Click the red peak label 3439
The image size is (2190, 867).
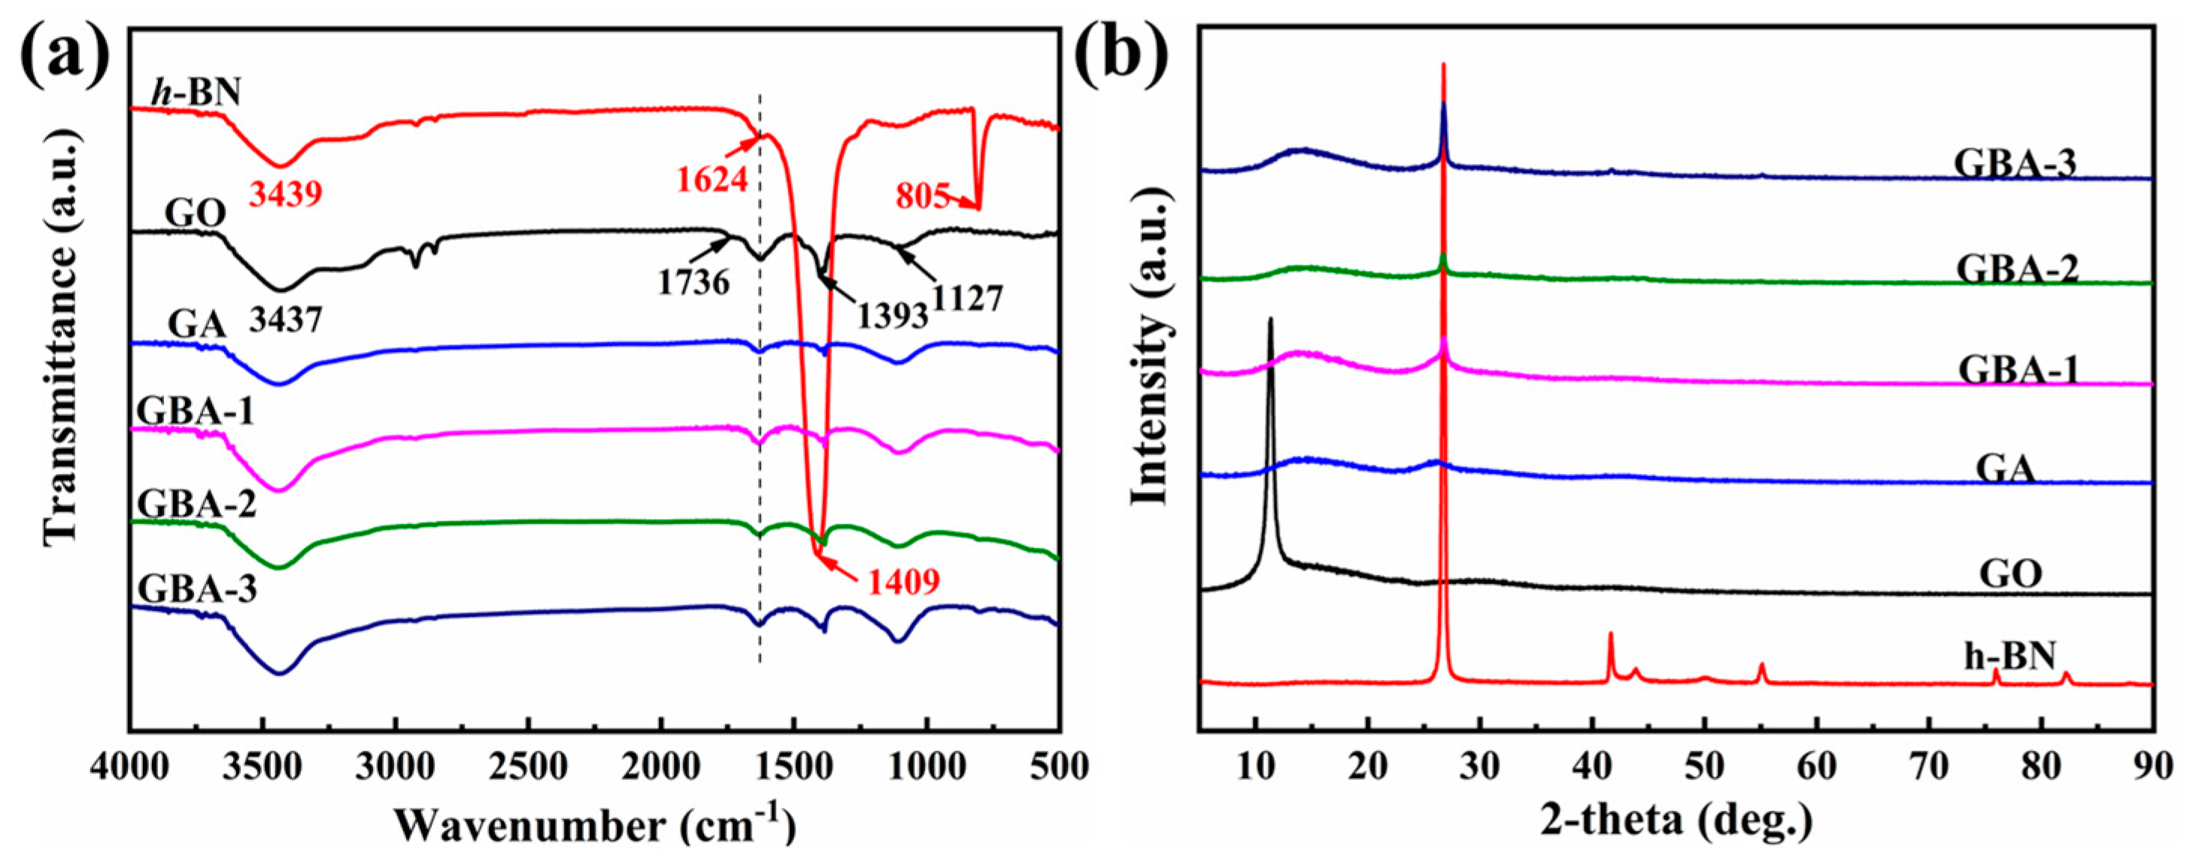285,196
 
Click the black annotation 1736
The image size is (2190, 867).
693,282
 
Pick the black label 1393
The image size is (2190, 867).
891,317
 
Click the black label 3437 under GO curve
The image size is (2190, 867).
285,320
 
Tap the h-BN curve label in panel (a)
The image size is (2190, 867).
196,92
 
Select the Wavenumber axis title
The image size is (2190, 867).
595,824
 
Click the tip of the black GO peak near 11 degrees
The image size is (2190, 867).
1270,320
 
